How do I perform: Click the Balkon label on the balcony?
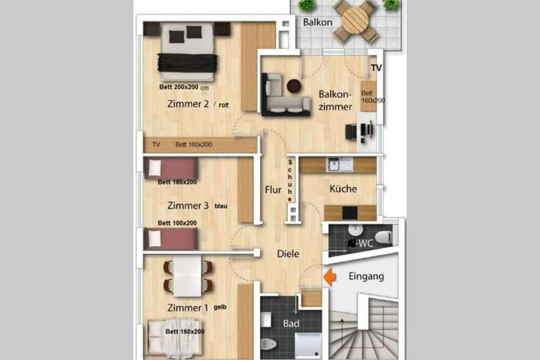coord(318,22)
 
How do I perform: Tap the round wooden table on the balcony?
coord(355,21)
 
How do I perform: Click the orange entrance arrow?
coord(330,277)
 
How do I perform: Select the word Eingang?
coord(366,276)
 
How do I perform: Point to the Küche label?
coord(343,189)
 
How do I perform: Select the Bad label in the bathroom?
coord(291,324)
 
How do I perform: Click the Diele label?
coord(288,254)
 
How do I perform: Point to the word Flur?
coord(273,190)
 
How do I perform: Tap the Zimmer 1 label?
coord(187,308)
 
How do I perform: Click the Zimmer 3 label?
coord(188,206)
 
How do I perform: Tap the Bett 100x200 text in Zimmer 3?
coord(177,223)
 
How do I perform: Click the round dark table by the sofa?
coord(294,86)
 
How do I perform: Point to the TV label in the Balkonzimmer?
coord(376,68)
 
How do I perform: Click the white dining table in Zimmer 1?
coord(188,276)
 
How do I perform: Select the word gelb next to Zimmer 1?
coord(219,307)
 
